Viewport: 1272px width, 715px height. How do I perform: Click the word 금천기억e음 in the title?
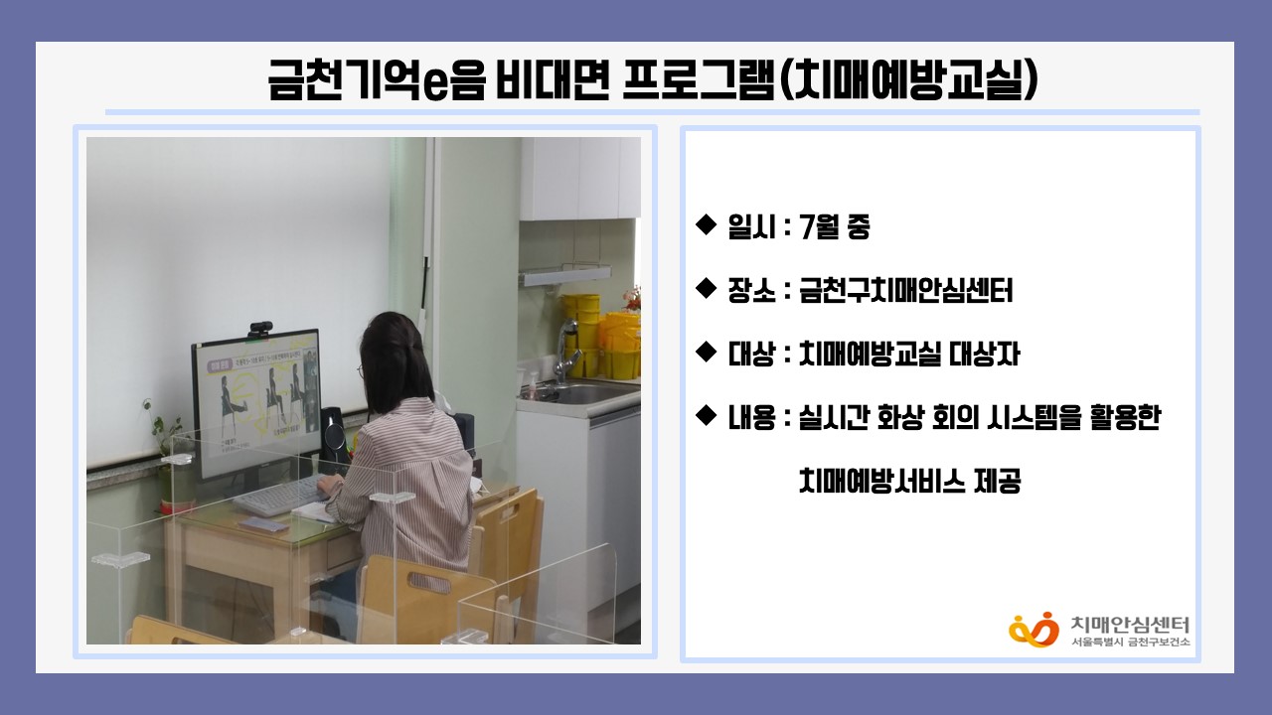click(377, 81)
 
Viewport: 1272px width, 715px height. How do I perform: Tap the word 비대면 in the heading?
click(553, 80)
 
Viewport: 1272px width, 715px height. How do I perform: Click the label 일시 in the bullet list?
click(752, 227)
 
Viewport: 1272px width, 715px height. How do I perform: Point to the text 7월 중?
click(834, 227)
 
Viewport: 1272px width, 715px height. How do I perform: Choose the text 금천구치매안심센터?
click(905, 291)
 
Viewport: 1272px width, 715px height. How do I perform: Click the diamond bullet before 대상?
click(707, 353)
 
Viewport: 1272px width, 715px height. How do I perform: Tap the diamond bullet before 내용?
click(707, 416)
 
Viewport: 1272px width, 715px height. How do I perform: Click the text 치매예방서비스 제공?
click(909, 481)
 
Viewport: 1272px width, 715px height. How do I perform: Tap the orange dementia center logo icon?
click(1033, 630)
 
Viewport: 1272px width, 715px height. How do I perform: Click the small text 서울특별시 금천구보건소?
click(1131, 642)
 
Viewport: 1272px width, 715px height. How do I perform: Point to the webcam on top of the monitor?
click(260, 329)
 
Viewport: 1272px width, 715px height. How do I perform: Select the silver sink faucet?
click(567, 349)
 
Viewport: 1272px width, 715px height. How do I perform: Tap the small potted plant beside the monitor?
click(166, 454)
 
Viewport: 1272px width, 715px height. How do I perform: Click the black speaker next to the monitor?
click(333, 434)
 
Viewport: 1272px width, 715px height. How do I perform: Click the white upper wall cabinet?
click(579, 178)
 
